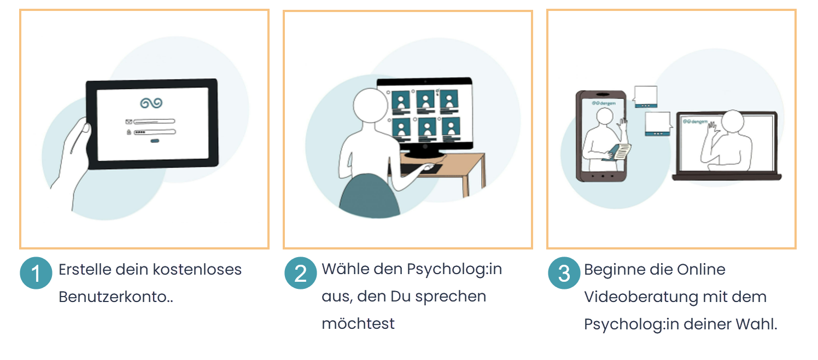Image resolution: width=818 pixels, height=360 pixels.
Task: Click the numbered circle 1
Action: tap(36, 273)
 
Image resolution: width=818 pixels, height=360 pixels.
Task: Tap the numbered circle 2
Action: tap(300, 273)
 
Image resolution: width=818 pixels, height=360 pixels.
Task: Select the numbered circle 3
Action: tap(564, 273)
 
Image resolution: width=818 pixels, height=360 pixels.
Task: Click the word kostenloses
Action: tap(197, 269)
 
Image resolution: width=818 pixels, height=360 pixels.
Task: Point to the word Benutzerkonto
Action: tap(113, 297)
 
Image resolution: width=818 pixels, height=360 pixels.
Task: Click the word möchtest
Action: tap(358, 323)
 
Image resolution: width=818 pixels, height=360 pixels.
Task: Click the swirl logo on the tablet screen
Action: tap(151, 103)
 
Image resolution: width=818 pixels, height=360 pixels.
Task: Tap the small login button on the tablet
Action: tap(155, 141)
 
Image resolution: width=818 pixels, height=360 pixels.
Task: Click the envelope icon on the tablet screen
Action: tap(128, 121)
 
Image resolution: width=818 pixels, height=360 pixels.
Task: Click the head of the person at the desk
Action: tap(370, 105)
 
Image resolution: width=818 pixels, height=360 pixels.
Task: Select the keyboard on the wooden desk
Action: tap(420, 169)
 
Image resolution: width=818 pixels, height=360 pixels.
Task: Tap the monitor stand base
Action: tap(424, 154)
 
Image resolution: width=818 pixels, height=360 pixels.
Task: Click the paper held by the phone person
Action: tap(621, 152)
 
